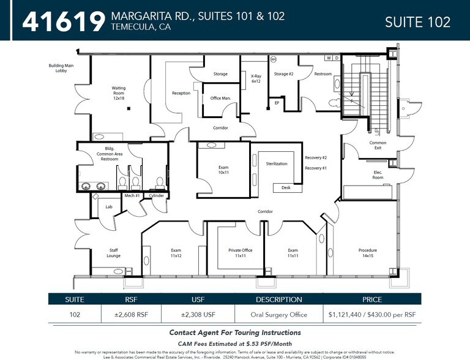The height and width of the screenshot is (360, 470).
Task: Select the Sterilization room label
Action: [x=277, y=164]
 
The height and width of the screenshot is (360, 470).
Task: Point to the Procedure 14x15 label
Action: [x=368, y=253]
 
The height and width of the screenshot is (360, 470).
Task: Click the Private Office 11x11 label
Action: [x=240, y=253]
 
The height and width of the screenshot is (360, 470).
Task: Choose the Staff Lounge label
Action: [x=114, y=253]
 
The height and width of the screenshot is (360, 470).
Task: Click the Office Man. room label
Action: [x=220, y=98]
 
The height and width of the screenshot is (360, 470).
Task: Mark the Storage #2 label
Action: [x=283, y=74]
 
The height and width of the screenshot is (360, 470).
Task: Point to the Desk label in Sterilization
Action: [x=286, y=188]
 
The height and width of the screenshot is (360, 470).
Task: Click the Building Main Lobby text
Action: [x=61, y=68]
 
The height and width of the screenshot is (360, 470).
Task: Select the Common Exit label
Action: [x=378, y=146]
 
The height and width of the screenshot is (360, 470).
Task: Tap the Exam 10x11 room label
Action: [x=223, y=170]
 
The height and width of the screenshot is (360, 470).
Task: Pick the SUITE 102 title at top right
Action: [x=417, y=22]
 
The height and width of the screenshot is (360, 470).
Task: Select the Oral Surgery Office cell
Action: [x=278, y=314]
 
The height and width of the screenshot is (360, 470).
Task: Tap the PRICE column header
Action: [x=371, y=300]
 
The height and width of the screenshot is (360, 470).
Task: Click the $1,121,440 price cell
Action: [x=371, y=314]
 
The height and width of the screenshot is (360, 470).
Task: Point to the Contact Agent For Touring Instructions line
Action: [x=235, y=332]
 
